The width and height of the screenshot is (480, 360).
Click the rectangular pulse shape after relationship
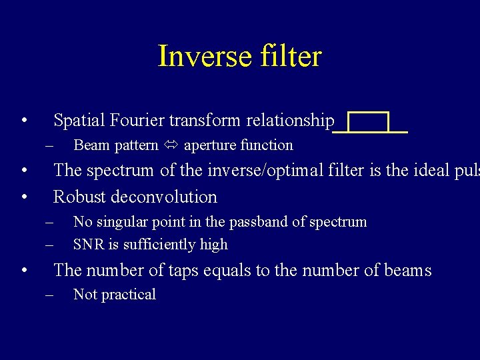pyautogui.click(x=369, y=123)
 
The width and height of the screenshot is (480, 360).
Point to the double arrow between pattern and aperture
pyautogui.click(x=171, y=145)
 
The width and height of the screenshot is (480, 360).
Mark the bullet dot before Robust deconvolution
pyautogui.click(x=23, y=197)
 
